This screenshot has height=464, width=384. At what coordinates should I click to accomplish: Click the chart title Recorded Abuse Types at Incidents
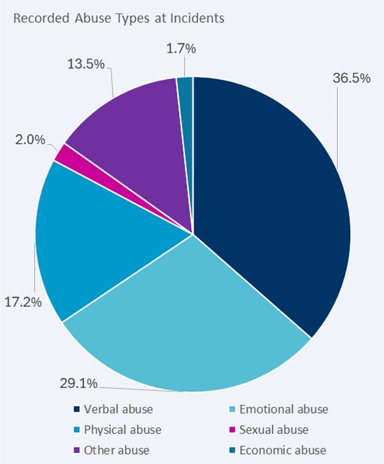[119, 18]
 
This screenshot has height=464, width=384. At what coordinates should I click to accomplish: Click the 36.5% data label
[352, 79]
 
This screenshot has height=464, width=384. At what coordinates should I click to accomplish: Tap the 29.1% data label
[79, 384]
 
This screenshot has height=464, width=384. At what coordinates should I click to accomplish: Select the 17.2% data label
[23, 303]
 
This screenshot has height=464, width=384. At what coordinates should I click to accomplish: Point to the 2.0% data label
[30, 140]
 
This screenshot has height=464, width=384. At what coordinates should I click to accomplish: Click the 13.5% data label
[86, 64]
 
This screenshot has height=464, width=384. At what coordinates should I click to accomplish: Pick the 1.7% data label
[181, 49]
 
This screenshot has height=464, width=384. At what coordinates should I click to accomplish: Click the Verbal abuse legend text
[119, 409]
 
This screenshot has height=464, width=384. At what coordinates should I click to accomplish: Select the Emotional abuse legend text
[284, 409]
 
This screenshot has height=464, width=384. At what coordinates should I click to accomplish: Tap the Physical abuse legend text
[123, 429]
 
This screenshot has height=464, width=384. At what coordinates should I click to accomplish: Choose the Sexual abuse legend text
[274, 429]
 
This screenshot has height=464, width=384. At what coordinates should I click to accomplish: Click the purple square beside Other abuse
[77, 451]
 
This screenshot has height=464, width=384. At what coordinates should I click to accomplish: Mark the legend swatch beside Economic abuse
[233, 451]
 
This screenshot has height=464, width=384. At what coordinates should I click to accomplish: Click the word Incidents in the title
[197, 18]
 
